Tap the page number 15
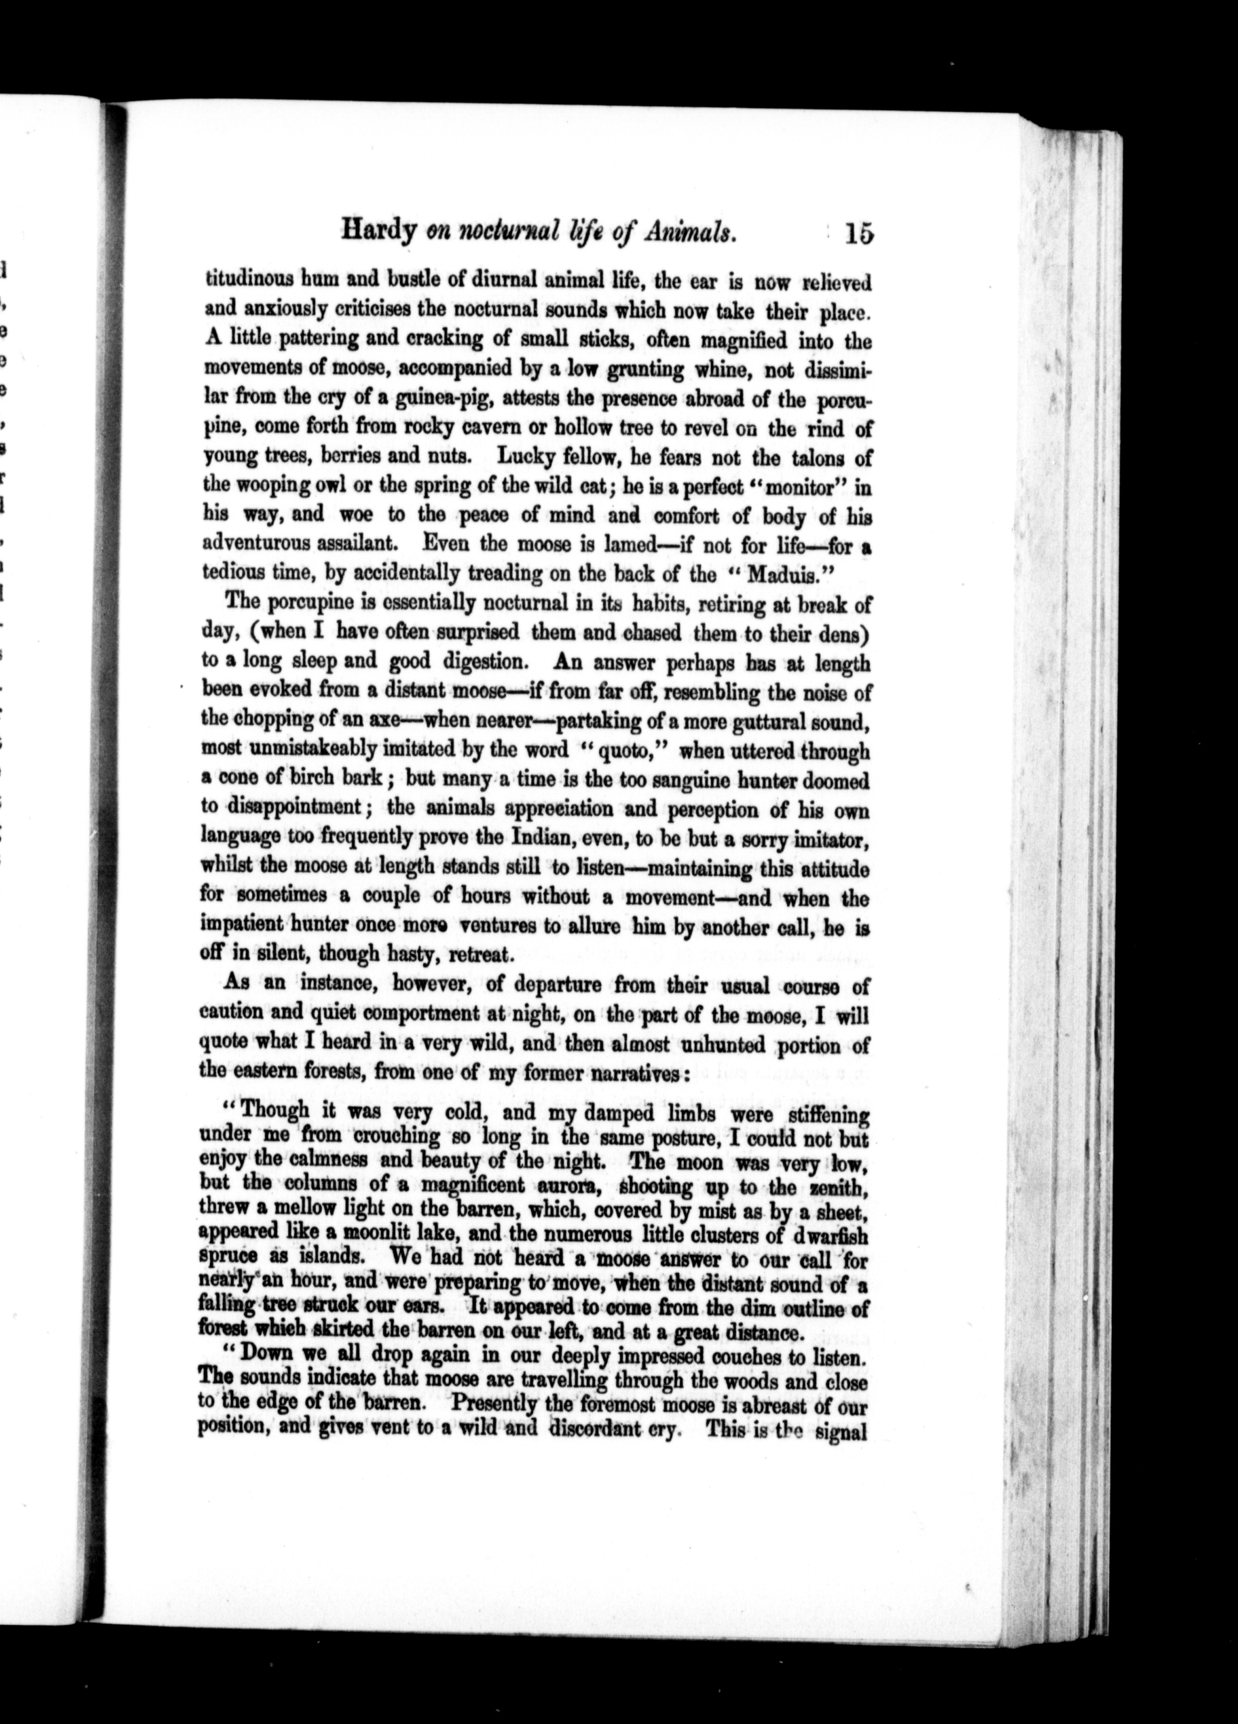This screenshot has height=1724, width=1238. coord(857,232)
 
